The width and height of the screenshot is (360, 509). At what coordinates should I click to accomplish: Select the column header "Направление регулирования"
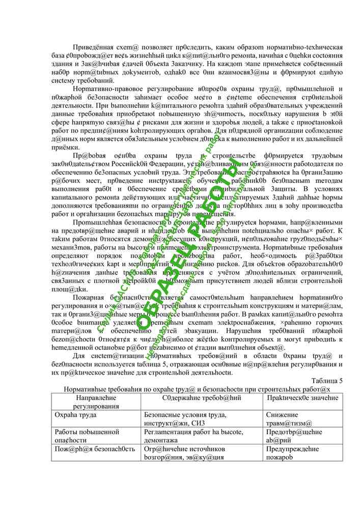click(x=95, y=401)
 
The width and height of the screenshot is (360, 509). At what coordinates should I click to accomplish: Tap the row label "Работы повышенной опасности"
click(x=87, y=436)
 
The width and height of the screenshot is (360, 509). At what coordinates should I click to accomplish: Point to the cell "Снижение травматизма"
click(x=289, y=419)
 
